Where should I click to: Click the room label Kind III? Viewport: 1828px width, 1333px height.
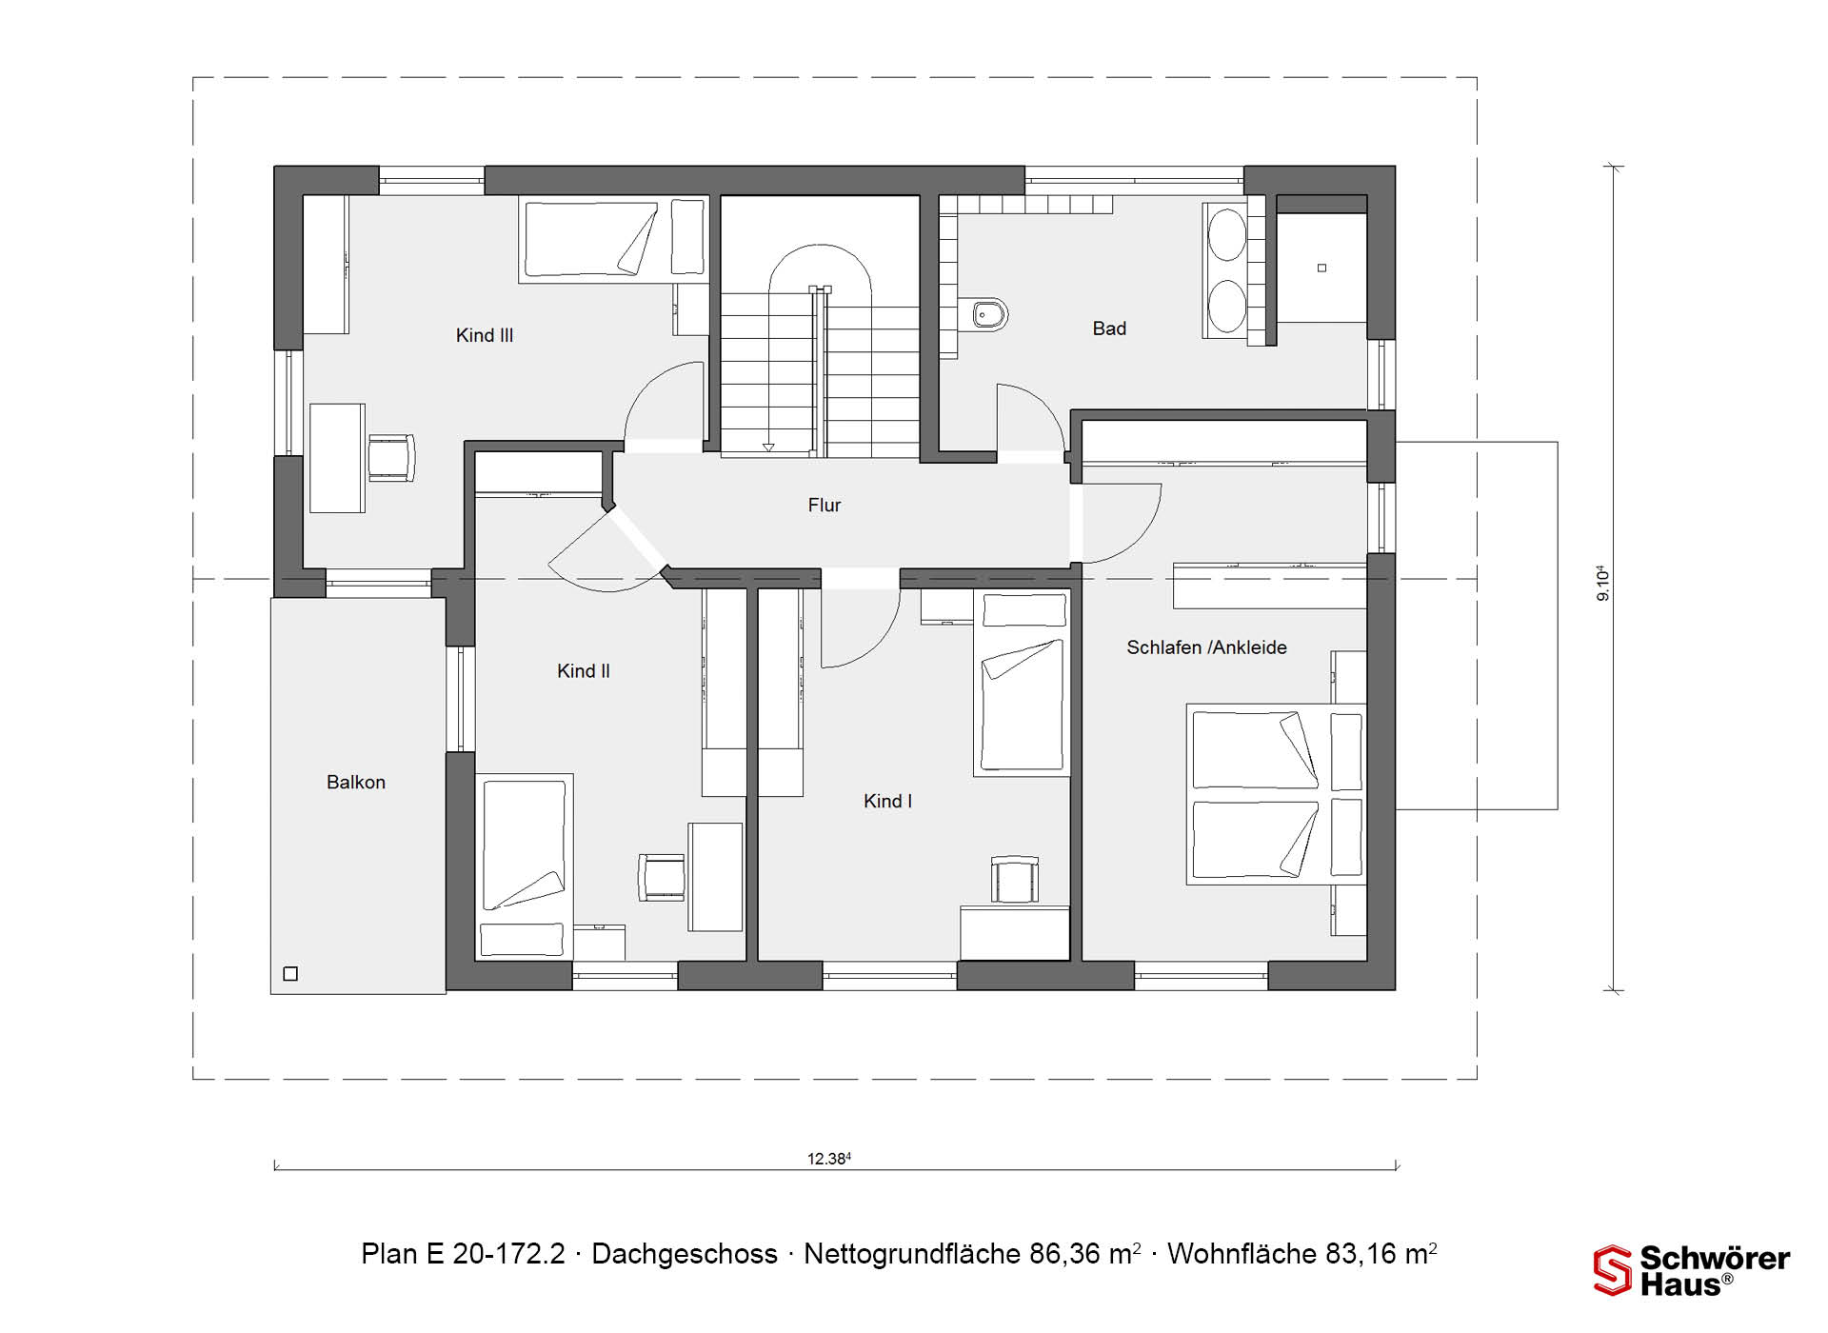[485, 335]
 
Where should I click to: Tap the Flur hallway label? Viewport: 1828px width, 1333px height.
[825, 506]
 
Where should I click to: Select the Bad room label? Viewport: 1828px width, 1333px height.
[1109, 328]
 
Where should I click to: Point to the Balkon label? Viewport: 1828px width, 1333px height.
[356, 782]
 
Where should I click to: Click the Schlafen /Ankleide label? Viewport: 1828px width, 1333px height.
[1206, 647]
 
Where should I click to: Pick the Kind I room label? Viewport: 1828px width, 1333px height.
[887, 802]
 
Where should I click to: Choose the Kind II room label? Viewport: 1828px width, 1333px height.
[584, 671]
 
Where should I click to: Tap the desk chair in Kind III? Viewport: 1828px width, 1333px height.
[391, 458]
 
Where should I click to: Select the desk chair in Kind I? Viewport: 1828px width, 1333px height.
[1015, 879]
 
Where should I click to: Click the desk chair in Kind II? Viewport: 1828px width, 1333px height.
[662, 877]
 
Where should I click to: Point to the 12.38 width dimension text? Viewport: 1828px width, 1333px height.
[829, 1159]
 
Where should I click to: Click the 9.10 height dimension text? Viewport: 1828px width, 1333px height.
[1603, 583]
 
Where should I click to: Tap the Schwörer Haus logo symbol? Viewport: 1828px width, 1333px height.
[1613, 1271]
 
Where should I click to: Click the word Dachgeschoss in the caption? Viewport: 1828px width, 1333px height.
[685, 1254]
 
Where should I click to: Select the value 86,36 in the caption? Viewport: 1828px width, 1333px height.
[1064, 1254]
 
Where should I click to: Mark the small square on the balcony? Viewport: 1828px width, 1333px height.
[291, 973]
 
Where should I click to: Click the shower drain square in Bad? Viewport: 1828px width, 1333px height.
[1321, 269]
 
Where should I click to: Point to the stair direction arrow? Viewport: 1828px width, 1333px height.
[767, 447]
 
